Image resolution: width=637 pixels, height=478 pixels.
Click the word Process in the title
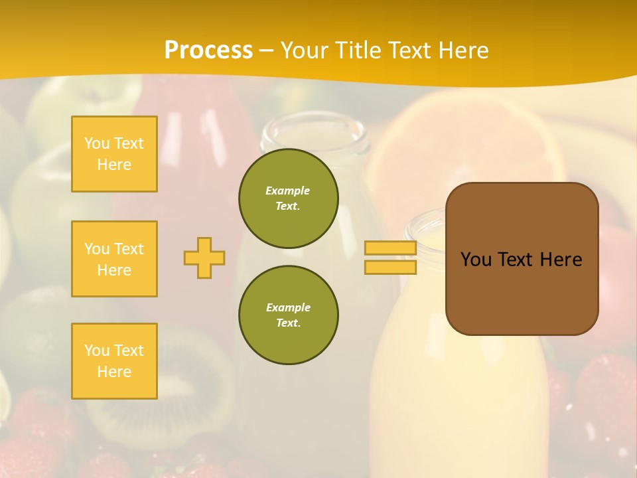pyautogui.click(x=208, y=50)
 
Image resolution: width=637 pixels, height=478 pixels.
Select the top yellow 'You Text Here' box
pyautogui.click(x=114, y=154)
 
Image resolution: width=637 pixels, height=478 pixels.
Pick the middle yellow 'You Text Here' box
pyautogui.click(x=114, y=259)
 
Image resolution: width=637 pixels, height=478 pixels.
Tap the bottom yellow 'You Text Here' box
pyautogui.click(x=114, y=361)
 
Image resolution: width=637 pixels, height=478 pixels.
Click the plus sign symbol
pyautogui.click(x=204, y=258)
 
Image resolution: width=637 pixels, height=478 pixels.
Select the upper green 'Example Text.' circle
pyautogui.click(x=289, y=199)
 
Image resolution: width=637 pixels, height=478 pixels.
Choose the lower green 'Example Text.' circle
pyautogui.click(x=289, y=315)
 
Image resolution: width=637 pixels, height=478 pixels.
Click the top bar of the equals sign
pyautogui.click(x=390, y=248)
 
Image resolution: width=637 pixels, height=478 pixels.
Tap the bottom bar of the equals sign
pyautogui.click(x=390, y=268)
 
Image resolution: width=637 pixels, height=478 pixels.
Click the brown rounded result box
pyautogui.click(x=522, y=292)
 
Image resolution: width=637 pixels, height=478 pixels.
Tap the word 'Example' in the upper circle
pyautogui.click(x=287, y=191)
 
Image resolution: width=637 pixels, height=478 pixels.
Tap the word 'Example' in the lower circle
pyautogui.click(x=288, y=308)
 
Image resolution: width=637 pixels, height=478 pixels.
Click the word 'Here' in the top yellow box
pyautogui.click(x=114, y=165)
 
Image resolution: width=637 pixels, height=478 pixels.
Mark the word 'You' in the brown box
pyautogui.click(x=476, y=260)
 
